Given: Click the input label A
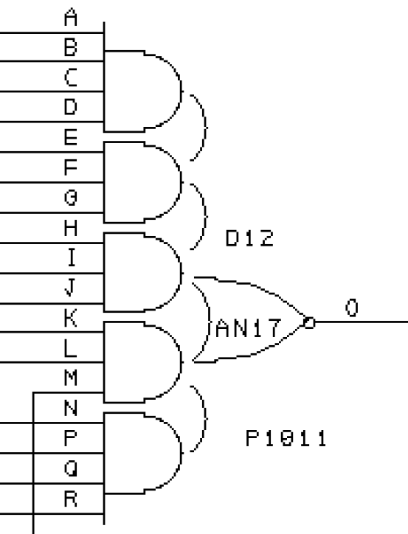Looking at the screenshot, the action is click(71, 18).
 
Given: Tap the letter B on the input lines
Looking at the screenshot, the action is click(71, 47).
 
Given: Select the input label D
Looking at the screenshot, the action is click(71, 107).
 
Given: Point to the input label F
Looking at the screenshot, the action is click(71, 167).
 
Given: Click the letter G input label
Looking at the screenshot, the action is click(71, 198).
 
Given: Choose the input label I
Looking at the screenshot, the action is click(71, 257).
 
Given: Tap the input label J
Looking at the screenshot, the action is click(70, 288).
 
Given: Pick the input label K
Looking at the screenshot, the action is click(71, 318).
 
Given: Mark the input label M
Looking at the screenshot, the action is click(71, 378).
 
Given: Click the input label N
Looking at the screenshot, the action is click(71, 408).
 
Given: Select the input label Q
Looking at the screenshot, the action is click(71, 468).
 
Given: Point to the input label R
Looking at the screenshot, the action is click(71, 499).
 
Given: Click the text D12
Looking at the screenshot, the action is click(249, 238).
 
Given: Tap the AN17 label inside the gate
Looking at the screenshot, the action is click(249, 328).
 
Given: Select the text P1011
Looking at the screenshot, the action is click(286, 438).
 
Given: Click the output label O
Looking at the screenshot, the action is click(352, 308).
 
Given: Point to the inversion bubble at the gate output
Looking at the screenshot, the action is click(309, 322).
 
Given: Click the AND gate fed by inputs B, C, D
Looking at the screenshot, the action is click(142, 91).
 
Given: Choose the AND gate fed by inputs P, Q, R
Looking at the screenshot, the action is click(142, 453).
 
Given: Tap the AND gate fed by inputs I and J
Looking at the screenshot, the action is click(142, 272).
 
